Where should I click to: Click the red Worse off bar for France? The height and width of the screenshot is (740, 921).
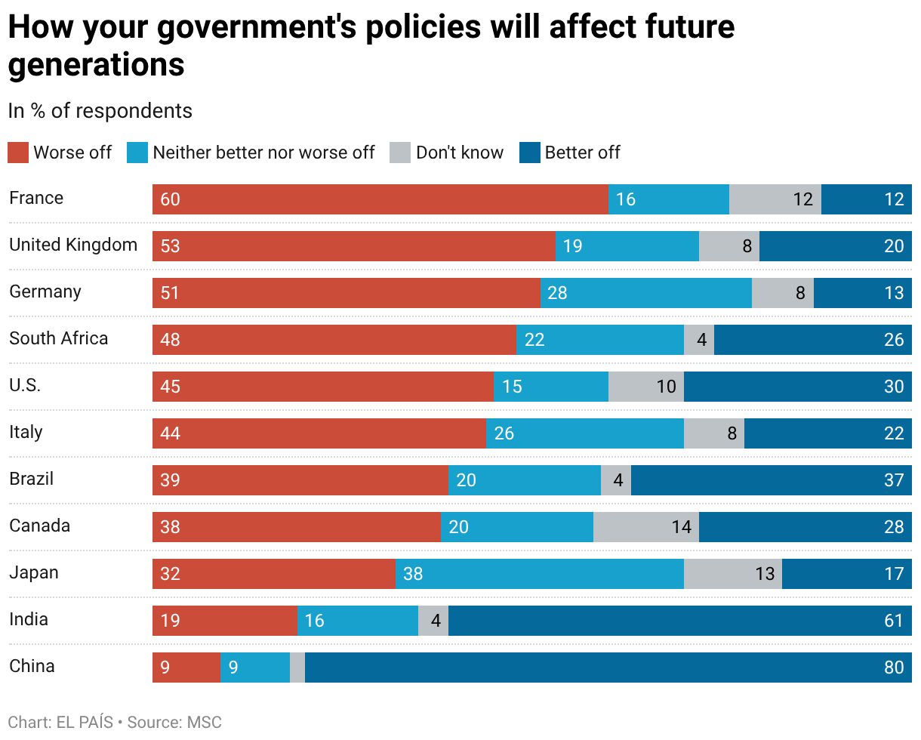tap(380, 199)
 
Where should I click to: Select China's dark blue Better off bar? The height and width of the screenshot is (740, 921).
tap(608, 668)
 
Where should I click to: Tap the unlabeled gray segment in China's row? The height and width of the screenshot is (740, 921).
tap(297, 668)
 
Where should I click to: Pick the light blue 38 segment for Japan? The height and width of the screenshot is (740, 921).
tap(540, 573)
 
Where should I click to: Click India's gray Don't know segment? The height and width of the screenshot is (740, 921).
tap(433, 621)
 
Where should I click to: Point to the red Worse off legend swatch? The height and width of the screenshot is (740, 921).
tap(18, 153)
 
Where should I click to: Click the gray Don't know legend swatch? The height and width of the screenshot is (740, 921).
tap(399, 153)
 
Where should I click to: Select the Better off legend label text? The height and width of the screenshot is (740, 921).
tap(582, 153)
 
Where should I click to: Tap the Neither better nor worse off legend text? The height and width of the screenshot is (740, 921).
tap(263, 153)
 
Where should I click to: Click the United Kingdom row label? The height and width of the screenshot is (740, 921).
tap(73, 245)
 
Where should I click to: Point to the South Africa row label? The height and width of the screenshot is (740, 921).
tap(59, 338)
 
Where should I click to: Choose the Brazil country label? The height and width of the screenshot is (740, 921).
tap(31, 479)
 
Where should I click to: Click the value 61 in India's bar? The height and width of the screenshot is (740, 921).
tap(894, 621)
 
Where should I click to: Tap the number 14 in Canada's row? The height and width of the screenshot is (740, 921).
tap(682, 527)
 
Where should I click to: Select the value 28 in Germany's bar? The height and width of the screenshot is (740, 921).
tap(557, 293)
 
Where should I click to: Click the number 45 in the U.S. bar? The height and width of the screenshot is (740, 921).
tap(170, 387)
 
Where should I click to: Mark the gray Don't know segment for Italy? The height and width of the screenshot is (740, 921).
tap(714, 433)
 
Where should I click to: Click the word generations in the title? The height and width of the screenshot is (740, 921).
tap(97, 65)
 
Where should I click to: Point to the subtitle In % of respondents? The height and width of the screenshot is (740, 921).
tap(100, 111)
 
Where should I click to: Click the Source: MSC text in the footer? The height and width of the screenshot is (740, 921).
tap(174, 722)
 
